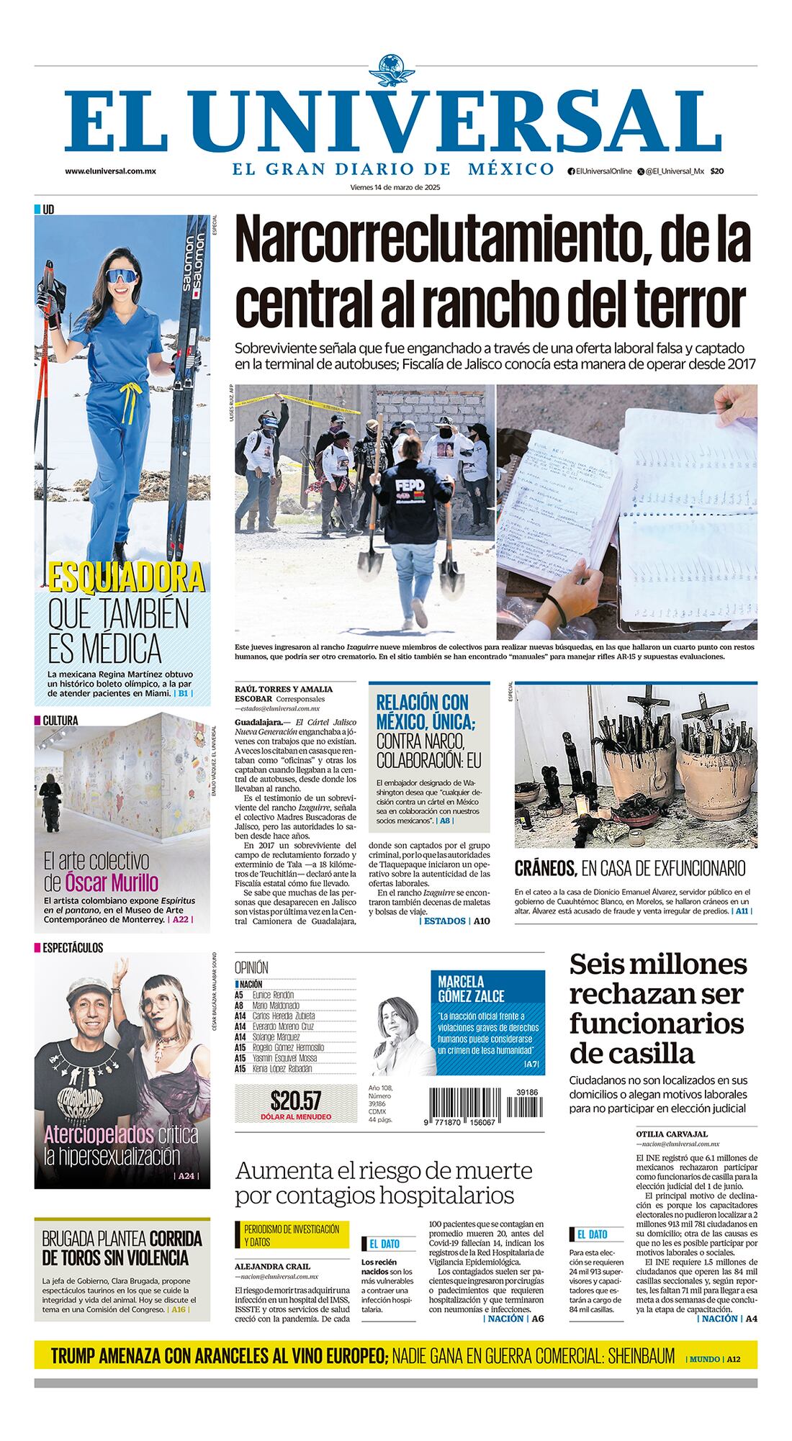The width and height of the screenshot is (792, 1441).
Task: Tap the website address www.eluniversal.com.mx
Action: point(110,171)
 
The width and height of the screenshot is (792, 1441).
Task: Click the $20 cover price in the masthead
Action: point(716,171)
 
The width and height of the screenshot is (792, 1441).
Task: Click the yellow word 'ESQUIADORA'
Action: point(127,577)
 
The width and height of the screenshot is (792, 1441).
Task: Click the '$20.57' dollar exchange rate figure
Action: point(296,1100)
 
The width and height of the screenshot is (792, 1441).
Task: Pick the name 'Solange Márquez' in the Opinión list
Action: point(276,1037)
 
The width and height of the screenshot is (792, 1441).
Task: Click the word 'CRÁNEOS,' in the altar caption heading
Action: point(546,869)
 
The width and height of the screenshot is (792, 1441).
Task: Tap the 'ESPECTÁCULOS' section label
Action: point(73,948)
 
